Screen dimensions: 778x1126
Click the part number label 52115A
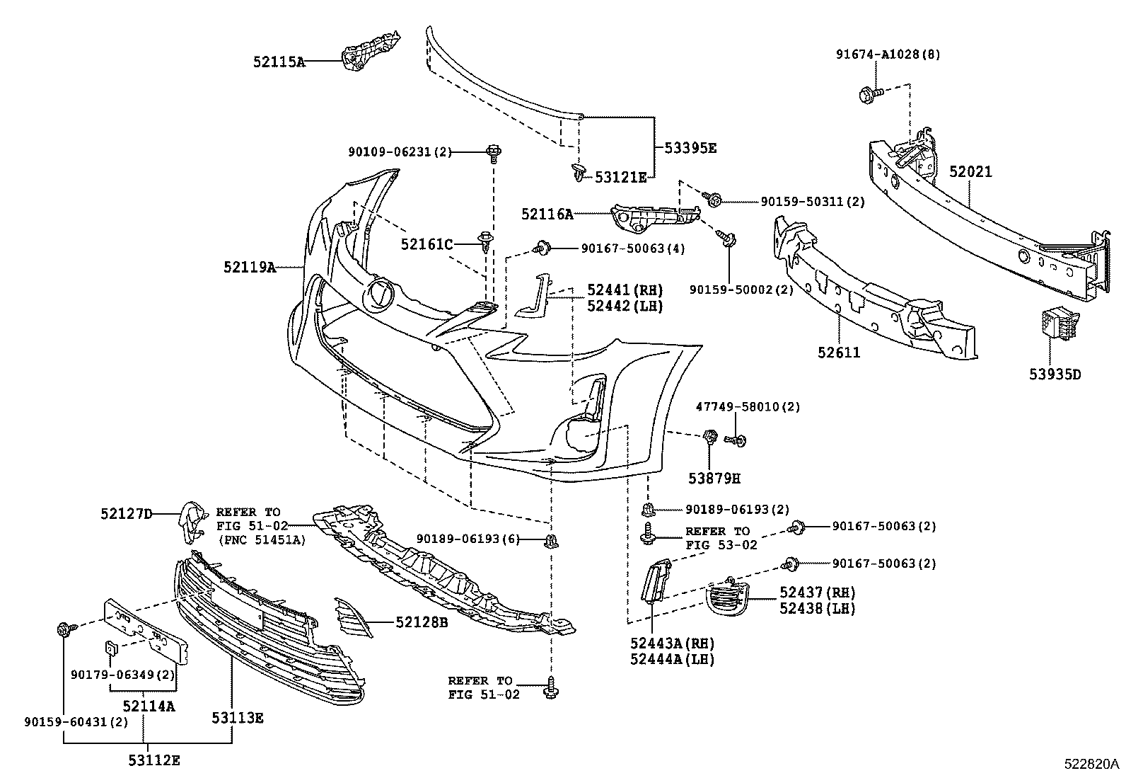(279, 62)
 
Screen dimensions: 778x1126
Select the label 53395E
(690, 148)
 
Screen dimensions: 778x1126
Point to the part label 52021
(970, 172)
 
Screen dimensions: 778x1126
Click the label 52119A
(249, 267)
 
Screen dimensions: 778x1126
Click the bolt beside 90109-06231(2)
(494, 151)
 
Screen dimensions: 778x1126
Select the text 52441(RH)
(625, 290)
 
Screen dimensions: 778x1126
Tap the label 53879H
(714, 479)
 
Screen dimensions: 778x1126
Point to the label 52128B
(422, 622)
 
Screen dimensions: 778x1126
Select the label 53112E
(154, 761)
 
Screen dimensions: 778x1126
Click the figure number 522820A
(1092, 765)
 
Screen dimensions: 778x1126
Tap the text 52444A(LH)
(672, 660)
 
